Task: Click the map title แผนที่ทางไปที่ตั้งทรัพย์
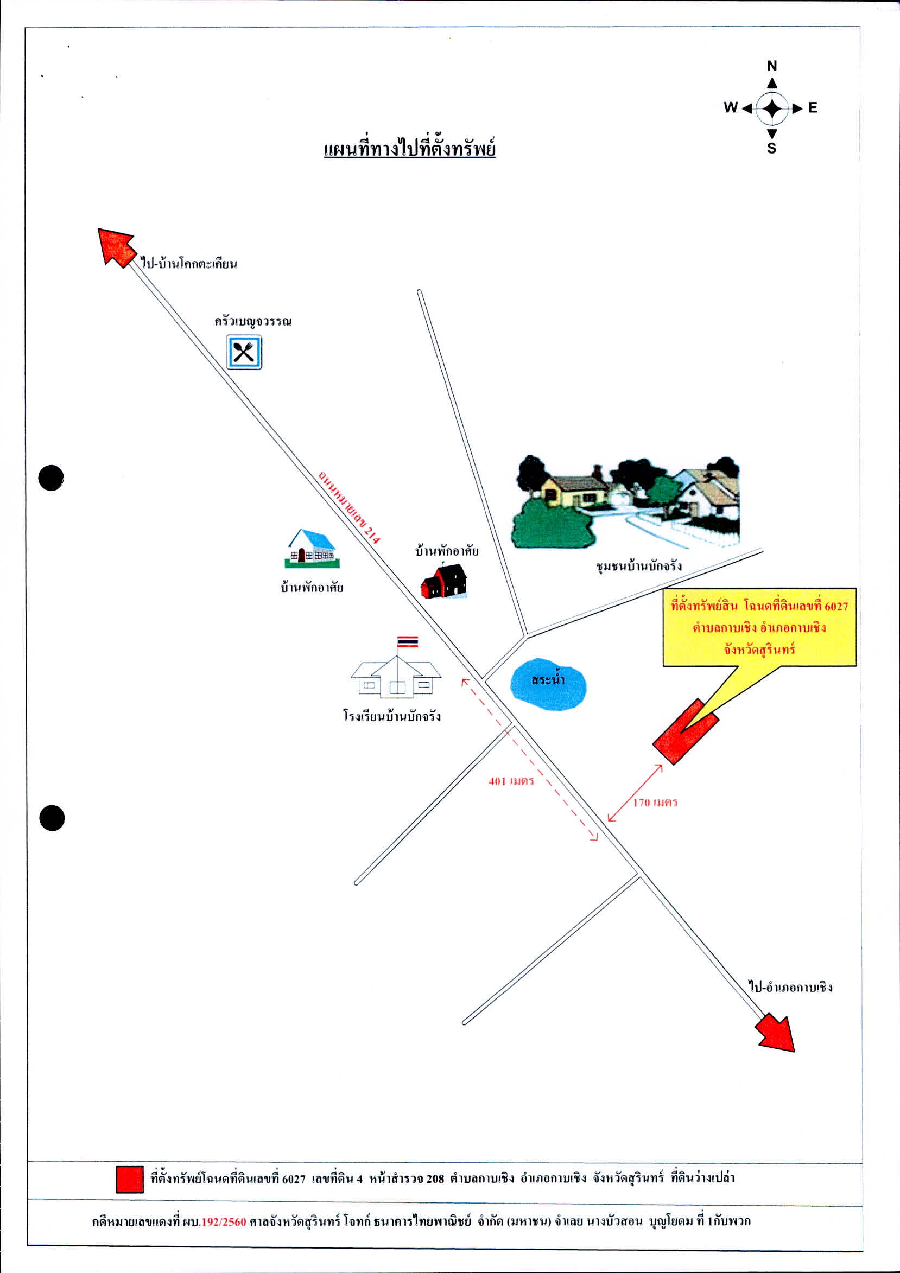[409, 149]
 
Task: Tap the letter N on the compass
[772, 66]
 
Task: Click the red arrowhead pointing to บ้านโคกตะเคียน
[116, 247]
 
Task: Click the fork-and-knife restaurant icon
[244, 352]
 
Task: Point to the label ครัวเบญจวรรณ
[253, 321]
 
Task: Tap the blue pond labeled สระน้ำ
[548, 684]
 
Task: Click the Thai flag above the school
[408, 642]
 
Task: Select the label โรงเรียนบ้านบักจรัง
[392, 716]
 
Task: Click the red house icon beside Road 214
[443, 581]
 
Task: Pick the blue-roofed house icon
[312, 549]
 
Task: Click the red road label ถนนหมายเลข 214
[349, 507]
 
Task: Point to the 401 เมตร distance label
[511, 781]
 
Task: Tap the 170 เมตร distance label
[655, 803]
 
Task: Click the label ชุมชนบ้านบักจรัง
[639, 567]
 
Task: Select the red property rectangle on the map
[686, 731]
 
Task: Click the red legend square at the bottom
[130, 1179]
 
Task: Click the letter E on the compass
[813, 107]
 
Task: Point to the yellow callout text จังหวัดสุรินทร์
[759, 648]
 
